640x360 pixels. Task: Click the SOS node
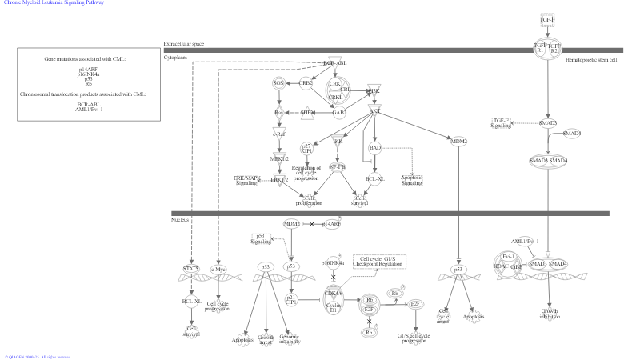(279, 82)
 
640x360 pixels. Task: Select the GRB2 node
(306, 82)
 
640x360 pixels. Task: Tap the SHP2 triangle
(308, 113)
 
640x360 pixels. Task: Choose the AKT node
(374, 110)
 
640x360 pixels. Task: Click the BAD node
(375, 147)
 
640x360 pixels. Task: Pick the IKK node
(338, 142)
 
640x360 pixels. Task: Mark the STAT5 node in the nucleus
(191, 268)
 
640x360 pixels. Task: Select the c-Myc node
(218, 269)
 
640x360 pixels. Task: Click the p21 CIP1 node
(292, 300)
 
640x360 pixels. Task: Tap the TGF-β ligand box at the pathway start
(547, 19)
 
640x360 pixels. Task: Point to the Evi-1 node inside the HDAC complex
(507, 257)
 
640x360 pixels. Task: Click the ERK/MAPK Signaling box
(247, 180)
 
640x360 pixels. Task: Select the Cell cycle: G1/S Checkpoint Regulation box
(381, 261)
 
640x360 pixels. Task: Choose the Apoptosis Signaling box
(411, 181)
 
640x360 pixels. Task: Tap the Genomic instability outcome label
(290, 341)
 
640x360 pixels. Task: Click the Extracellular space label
(184, 43)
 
